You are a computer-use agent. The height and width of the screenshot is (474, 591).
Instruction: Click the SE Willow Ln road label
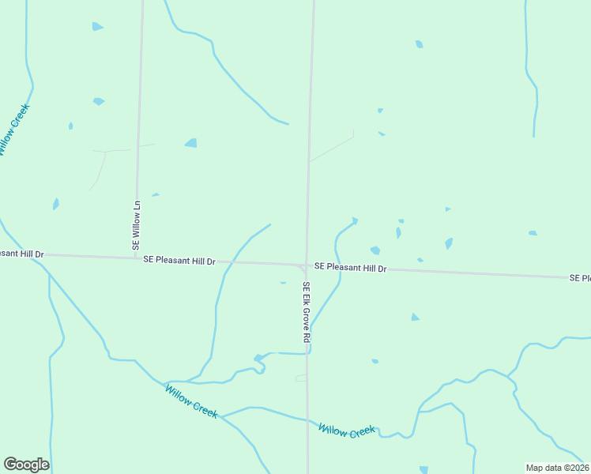[x=136, y=225]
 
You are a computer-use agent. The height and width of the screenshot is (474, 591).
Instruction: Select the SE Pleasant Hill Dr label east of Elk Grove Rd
[x=350, y=268]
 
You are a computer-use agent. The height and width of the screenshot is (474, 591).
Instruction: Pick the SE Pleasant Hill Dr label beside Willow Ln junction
[x=179, y=260]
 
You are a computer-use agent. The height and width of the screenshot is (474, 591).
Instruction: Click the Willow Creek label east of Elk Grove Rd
[x=347, y=431]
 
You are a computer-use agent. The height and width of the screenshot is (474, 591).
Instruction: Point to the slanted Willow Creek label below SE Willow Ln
[x=190, y=401]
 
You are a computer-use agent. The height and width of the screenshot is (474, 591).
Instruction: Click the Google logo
[x=26, y=465]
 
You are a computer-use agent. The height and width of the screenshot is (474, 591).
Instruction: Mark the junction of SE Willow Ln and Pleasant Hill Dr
[x=137, y=258]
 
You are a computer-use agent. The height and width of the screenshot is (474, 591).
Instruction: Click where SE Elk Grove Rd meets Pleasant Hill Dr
[x=307, y=265]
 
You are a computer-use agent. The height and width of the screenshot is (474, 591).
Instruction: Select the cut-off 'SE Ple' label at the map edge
[x=580, y=278]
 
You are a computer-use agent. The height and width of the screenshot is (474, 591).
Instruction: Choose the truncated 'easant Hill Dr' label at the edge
[x=22, y=254]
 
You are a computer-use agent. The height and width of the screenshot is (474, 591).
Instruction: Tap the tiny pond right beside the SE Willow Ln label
[x=156, y=194]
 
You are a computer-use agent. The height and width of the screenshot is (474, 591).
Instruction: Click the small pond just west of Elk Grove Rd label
[x=283, y=282]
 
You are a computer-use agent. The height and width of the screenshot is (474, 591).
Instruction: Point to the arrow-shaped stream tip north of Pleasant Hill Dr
[x=354, y=221]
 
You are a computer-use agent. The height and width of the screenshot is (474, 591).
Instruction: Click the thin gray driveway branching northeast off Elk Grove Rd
[x=332, y=149]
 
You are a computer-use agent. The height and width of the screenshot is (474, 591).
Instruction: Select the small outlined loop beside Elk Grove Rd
[x=301, y=378]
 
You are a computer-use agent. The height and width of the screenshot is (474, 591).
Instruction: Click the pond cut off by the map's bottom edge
[x=424, y=469]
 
